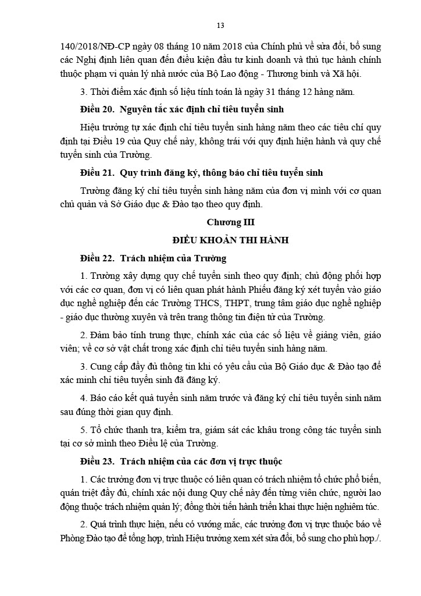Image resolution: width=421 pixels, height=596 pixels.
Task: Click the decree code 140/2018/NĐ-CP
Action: point(94,46)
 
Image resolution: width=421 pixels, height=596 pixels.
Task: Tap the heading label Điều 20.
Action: point(97,109)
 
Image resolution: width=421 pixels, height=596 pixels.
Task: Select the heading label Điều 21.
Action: point(97,173)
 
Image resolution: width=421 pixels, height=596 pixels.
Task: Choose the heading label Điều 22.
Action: point(97,257)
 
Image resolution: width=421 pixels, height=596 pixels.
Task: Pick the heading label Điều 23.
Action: point(97,462)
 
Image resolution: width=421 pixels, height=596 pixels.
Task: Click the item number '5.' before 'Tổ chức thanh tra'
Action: point(84,431)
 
